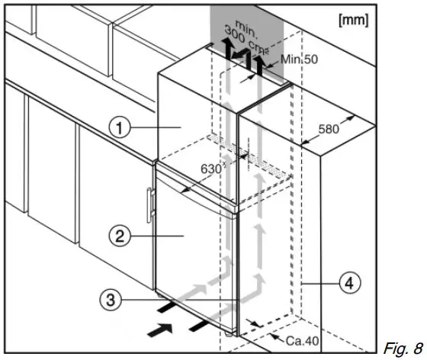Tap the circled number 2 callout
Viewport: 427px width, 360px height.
point(116,236)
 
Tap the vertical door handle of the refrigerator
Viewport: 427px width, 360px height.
point(150,206)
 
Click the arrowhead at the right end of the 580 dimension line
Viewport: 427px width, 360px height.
point(354,117)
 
